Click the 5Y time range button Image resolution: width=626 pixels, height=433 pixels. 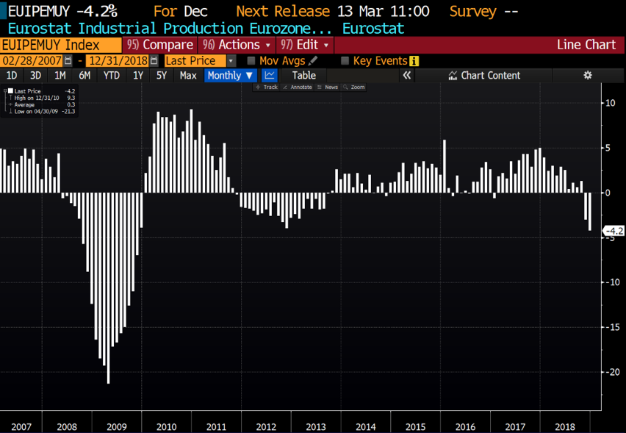coord(162,76)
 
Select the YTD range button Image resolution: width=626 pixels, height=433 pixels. coord(112,76)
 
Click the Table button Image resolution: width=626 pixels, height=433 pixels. coord(303,76)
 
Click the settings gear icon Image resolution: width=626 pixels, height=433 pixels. coord(587,76)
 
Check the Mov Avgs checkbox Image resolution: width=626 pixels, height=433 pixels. coord(251,61)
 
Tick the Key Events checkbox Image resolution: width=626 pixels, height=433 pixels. coord(345,61)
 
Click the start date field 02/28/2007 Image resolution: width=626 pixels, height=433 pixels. coord(32,61)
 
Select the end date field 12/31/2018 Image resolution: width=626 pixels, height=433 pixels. coord(117,61)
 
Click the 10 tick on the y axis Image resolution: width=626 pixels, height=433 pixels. coord(610,103)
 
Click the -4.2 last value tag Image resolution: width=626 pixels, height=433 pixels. coord(614,232)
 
